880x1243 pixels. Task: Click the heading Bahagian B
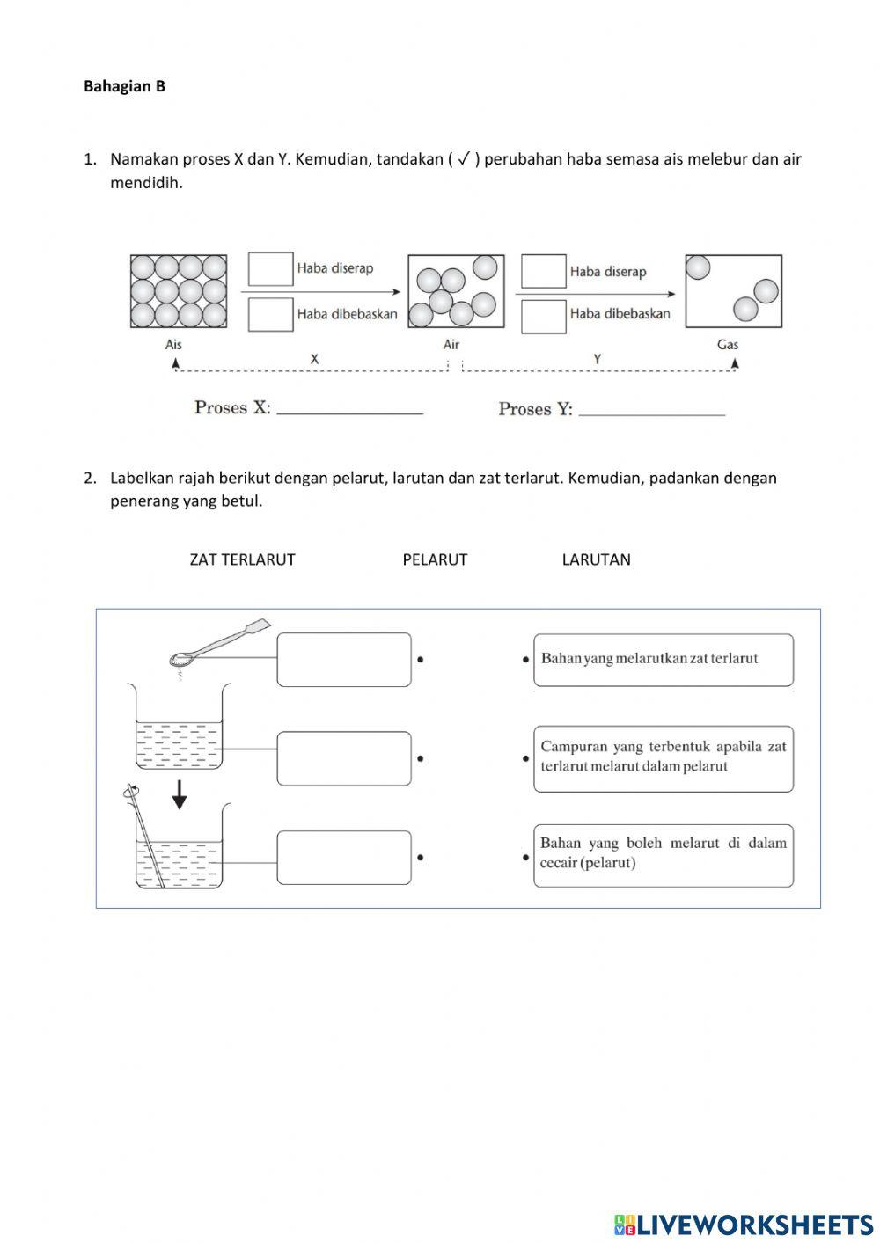coord(124,86)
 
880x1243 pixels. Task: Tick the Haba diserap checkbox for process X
coord(270,269)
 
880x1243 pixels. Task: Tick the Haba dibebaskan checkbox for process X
coord(270,314)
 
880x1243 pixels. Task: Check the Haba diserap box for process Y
coord(543,271)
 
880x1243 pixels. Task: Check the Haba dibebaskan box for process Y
coord(543,316)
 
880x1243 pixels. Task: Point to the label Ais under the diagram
coord(173,345)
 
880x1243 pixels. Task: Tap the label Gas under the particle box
coord(728,345)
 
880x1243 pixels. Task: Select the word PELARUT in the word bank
coord(435,559)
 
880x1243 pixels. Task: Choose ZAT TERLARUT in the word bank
coord(242,559)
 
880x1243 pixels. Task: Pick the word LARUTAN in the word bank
coord(596,559)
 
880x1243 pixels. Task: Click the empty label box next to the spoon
coord(344,659)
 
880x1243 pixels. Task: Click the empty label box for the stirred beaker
coord(344,857)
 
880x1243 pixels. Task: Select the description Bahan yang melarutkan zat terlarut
coord(663,659)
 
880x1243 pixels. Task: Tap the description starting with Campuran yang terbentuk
coord(663,757)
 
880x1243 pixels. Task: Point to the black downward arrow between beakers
coord(180,794)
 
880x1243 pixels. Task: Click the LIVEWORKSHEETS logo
coord(744,1225)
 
